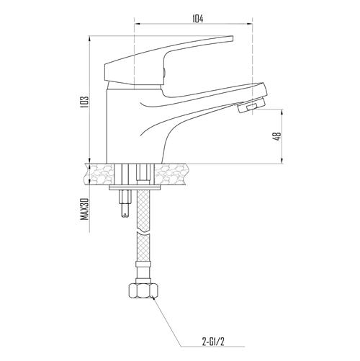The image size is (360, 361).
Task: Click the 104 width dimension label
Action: click(x=197, y=19)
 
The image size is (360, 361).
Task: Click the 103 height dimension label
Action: click(x=85, y=102)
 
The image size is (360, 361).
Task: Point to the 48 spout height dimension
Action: click(x=278, y=136)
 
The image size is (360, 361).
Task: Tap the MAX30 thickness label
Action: click(x=84, y=209)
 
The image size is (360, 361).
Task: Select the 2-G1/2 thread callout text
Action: click(x=213, y=342)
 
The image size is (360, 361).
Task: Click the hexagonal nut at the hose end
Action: click(x=143, y=290)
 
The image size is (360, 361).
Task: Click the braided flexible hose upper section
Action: click(x=143, y=209)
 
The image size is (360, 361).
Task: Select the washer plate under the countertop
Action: click(x=135, y=187)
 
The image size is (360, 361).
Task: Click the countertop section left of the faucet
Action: click(x=99, y=174)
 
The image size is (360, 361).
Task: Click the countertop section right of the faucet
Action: click(x=171, y=174)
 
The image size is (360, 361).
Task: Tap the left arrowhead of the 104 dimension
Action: click(x=137, y=24)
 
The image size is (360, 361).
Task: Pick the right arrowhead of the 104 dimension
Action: click(x=250, y=24)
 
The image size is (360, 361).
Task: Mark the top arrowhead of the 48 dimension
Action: click(x=282, y=112)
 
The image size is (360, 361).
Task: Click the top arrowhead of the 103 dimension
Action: click(x=89, y=39)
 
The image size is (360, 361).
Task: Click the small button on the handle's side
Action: click(x=164, y=73)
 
